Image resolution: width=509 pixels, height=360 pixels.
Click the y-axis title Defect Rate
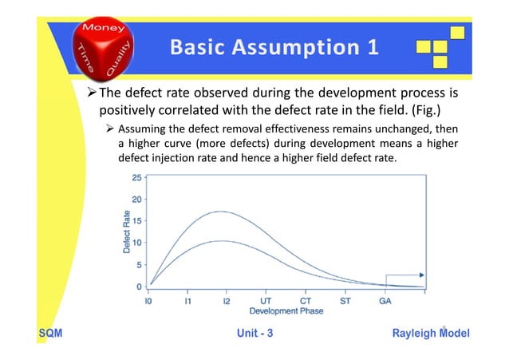(127, 231)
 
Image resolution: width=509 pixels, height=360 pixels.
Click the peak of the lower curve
(223, 241)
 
